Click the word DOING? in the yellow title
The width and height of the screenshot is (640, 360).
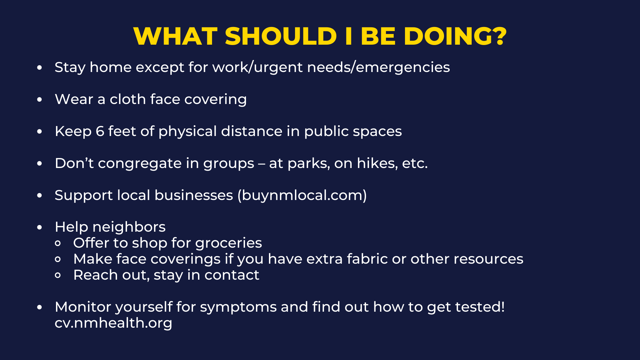tap(455, 36)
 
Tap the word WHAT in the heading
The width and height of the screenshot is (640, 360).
tap(175, 36)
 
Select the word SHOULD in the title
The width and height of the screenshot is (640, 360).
tap(281, 36)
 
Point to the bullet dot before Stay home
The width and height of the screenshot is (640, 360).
tap(40, 68)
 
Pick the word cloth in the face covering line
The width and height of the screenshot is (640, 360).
tap(128, 99)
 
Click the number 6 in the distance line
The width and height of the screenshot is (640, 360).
tap(100, 131)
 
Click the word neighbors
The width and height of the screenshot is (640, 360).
tap(129, 227)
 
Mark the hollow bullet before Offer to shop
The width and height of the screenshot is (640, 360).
tap(58, 243)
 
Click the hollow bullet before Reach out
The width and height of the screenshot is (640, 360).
tap(58, 275)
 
